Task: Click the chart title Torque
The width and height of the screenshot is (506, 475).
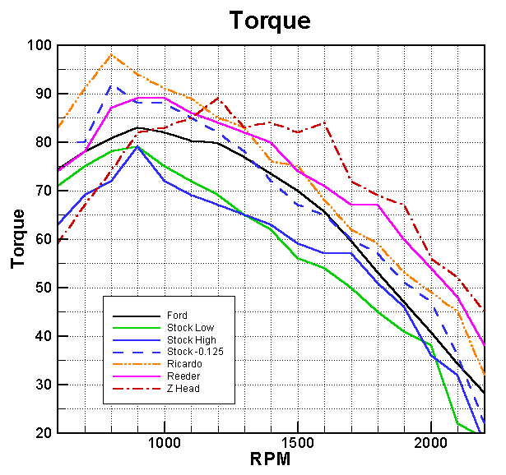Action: (x=270, y=20)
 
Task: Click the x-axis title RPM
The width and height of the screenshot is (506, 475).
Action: (x=270, y=459)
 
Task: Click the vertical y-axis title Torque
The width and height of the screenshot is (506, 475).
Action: (x=18, y=238)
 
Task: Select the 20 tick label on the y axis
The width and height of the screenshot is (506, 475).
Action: (x=42, y=433)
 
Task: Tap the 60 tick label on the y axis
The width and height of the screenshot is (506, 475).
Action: (x=42, y=240)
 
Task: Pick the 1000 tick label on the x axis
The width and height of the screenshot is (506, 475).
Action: (x=165, y=445)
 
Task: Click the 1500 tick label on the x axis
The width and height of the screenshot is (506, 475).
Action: (x=298, y=445)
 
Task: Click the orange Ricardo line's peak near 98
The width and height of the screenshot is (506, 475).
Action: (x=111, y=55)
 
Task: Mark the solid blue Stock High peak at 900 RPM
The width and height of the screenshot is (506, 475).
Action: (x=137, y=147)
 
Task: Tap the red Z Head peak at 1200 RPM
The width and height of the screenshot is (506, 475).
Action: (x=217, y=99)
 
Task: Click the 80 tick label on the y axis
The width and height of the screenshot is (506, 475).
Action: (x=42, y=143)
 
